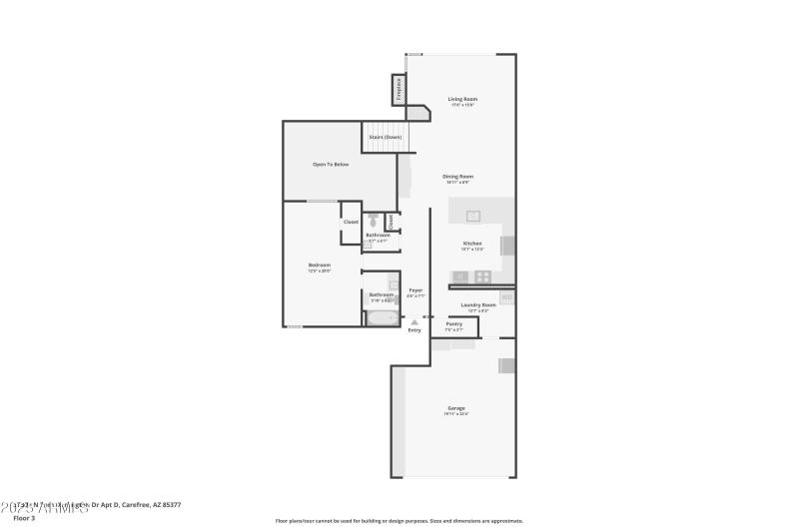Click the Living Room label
[x=462, y=99]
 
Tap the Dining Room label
[x=458, y=177]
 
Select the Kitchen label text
[x=472, y=244]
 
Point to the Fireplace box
[x=399, y=89]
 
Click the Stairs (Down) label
[x=385, y=137]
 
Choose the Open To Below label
[x=331, y=164]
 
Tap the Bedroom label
[x=319, y=265]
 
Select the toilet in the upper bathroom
[x=372, y=221]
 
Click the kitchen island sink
[x=473, y=215]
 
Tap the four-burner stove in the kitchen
[x=482, y=276]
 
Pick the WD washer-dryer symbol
[x=506, y=297]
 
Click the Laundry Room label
[x=478, y=305]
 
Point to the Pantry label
[x=453, y=324]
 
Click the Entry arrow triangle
[x=414, y=321]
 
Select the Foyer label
[x=415, y=290]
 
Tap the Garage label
[x=456, y=408]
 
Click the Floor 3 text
[x=24, y=518]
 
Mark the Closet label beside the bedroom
[x=352, y=222]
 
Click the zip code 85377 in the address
[x=171, y=505]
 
